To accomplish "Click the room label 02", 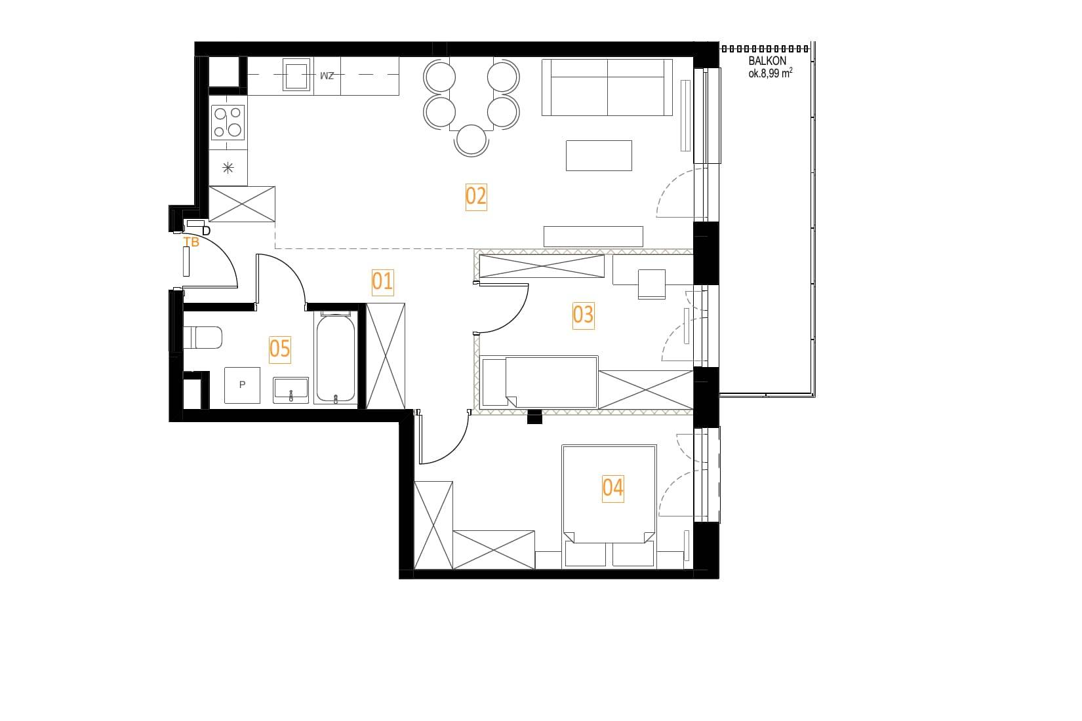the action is click(476, 197).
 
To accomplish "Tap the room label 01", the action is click(382, 282).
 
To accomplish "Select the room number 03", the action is click(583, 315).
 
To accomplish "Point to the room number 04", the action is click(612, 488).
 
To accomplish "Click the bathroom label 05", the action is click(279, 349).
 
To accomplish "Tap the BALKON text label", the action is click(767, 62).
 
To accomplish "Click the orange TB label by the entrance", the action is click(191, 243).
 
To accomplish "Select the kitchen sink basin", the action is click(296, 75).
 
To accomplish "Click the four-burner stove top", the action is click(228, 122).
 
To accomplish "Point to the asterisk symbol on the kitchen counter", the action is click(228, 168).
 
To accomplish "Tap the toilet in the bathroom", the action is click(203, 337).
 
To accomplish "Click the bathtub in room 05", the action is click(336, 358).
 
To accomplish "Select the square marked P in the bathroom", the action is click(243, 385).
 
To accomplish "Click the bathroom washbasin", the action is click(291, 390).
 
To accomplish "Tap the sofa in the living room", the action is click(607, 87).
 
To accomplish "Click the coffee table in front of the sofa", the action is click(599, 155).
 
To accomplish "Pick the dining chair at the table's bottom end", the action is click(471, 140).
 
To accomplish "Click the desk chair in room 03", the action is click(652, 284).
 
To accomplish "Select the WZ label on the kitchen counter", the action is click(327, 76).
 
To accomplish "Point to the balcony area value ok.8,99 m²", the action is click(771, 73).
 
